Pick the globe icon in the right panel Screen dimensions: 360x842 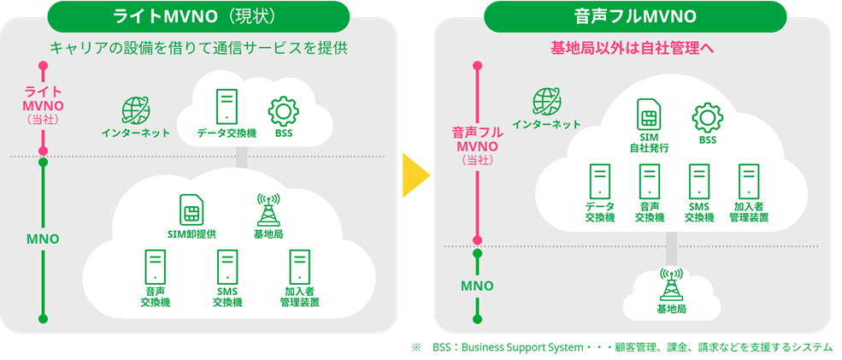[546, 101]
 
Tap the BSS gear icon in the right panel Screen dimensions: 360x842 [707, 117]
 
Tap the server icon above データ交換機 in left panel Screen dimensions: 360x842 [226, 108]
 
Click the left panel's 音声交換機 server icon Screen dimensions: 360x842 [155, 267]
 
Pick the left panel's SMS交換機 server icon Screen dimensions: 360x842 [227, 267]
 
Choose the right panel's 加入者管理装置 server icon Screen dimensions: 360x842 [750, 181]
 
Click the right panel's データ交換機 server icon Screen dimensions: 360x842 [599, 181]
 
